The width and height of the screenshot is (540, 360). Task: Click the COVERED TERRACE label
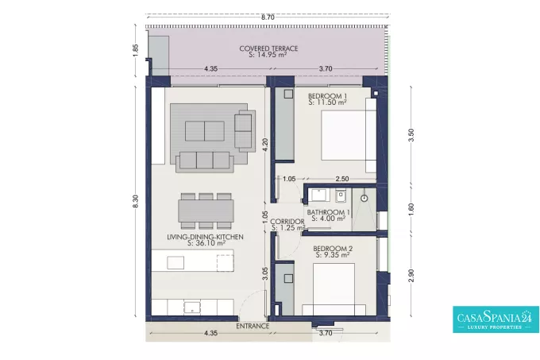pos(268,48)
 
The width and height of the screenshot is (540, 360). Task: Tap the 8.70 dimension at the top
pos(268,17)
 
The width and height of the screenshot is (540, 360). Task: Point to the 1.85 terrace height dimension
pos(135,50)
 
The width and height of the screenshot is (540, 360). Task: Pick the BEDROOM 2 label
pos(333,249)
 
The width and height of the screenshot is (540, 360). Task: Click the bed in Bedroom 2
pos(334,289)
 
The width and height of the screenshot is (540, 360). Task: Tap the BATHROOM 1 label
pos(328,212)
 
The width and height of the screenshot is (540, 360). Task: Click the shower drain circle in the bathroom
pos(364,198)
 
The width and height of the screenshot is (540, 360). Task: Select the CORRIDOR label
pos(287,222)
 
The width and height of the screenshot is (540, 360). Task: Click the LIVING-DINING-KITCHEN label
pos(205,237)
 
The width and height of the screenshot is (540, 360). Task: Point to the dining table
pos(206,211)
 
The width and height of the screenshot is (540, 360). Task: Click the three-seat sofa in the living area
pos(205,161)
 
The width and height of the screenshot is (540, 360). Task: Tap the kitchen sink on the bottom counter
pos(192,308)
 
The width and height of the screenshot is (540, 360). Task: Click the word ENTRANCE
pos(253,326)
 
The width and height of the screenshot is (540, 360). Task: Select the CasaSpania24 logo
pos(496,319)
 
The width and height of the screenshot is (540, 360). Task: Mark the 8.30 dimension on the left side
pos(135,201)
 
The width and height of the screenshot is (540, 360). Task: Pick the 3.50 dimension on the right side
pos(411,135)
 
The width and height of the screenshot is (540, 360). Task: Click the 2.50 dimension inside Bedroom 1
pos(342,179)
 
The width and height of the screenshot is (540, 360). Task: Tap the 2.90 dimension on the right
pos(411,276)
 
